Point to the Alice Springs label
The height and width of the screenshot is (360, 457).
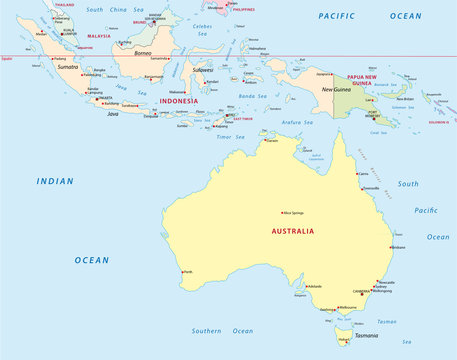[x=293, y=212]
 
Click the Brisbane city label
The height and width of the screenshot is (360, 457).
[x=398, y=246]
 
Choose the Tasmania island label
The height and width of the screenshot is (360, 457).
[x=365, y=336]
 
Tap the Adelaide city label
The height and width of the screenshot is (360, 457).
[x=315, y=286]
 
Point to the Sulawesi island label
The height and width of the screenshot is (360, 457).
[x=204, y=70]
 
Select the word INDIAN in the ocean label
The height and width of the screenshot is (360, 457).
[x=54, y=181]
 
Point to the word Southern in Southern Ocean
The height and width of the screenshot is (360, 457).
[x=206, y=330]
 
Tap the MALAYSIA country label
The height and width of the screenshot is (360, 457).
[x=99, y=35]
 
